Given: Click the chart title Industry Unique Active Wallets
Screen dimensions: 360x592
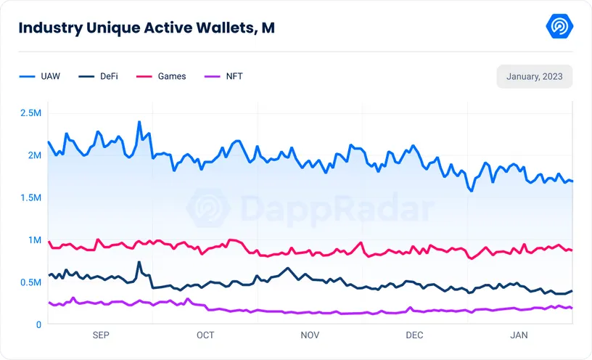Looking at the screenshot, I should [146, 28].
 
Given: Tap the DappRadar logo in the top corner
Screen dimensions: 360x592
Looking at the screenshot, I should [559, 27].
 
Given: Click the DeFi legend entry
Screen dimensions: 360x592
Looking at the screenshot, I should [107, 76].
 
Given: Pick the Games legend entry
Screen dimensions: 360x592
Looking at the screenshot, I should [171, 76].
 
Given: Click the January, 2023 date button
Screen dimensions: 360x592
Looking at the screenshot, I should [534, 76].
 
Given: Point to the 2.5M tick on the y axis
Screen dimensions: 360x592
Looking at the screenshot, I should [30, 113].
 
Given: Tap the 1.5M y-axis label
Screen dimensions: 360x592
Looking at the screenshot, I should [30, 197].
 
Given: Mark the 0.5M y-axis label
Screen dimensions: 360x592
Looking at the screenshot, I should [30, 282].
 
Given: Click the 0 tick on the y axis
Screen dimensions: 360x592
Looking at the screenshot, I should [38, 324].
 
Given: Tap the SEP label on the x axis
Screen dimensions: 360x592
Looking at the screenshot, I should [101, 335].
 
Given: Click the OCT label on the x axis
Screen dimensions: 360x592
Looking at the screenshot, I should [205, 335].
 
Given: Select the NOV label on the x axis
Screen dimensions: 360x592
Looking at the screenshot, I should [310, 335].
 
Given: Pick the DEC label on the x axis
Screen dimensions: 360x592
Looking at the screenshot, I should [414, 335].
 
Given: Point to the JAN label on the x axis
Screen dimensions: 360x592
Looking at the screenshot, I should [519, 335].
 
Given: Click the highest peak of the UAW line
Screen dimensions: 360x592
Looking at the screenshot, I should [139, 122].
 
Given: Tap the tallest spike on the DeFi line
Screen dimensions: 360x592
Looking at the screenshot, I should [139, 262].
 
